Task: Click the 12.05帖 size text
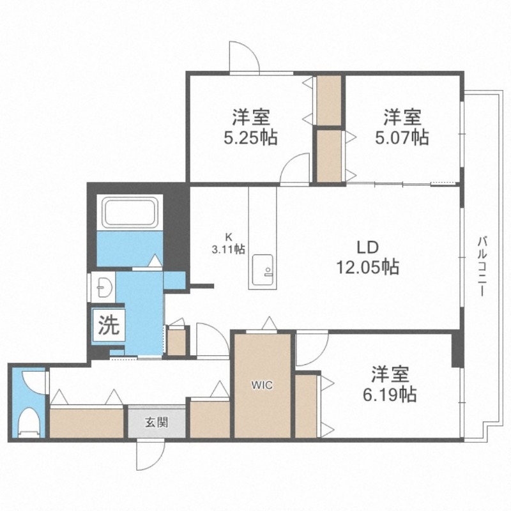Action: tap(368, 267)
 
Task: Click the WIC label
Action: tap(262, 385)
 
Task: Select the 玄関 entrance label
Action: tap(156, 422)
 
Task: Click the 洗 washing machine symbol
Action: tap(108, 326)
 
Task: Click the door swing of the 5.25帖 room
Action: tap(294, 170)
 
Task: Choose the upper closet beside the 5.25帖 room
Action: tap(330, 100)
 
